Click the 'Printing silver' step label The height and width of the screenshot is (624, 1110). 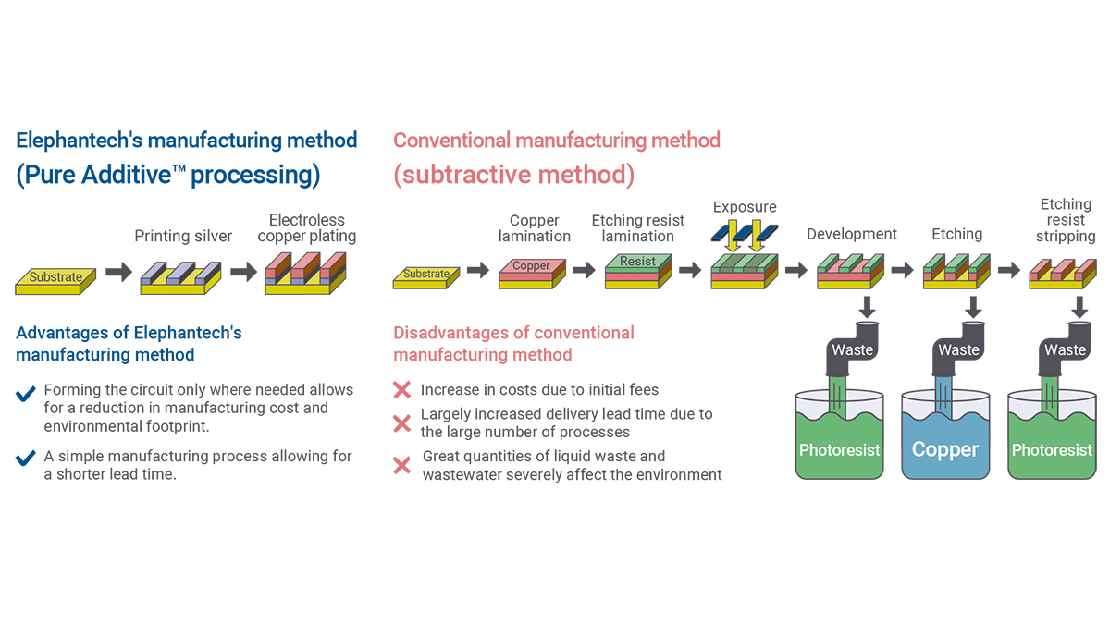183,236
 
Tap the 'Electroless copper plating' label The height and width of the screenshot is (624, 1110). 307,228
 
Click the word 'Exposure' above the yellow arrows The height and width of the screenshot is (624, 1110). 745,207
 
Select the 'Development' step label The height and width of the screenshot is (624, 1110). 852,234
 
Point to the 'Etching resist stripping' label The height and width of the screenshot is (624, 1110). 1066,220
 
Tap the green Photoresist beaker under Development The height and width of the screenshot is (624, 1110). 839,444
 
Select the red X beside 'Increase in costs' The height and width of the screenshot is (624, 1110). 402,390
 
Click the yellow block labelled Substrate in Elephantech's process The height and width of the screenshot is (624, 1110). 55,277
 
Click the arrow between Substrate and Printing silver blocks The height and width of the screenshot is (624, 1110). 118,273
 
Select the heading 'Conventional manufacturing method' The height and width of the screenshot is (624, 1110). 557,141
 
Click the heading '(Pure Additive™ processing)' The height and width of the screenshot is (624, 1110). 168,176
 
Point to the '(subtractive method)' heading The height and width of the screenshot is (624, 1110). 514,176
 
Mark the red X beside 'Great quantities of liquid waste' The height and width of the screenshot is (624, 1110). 402,465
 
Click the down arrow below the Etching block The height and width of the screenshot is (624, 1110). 972,305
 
